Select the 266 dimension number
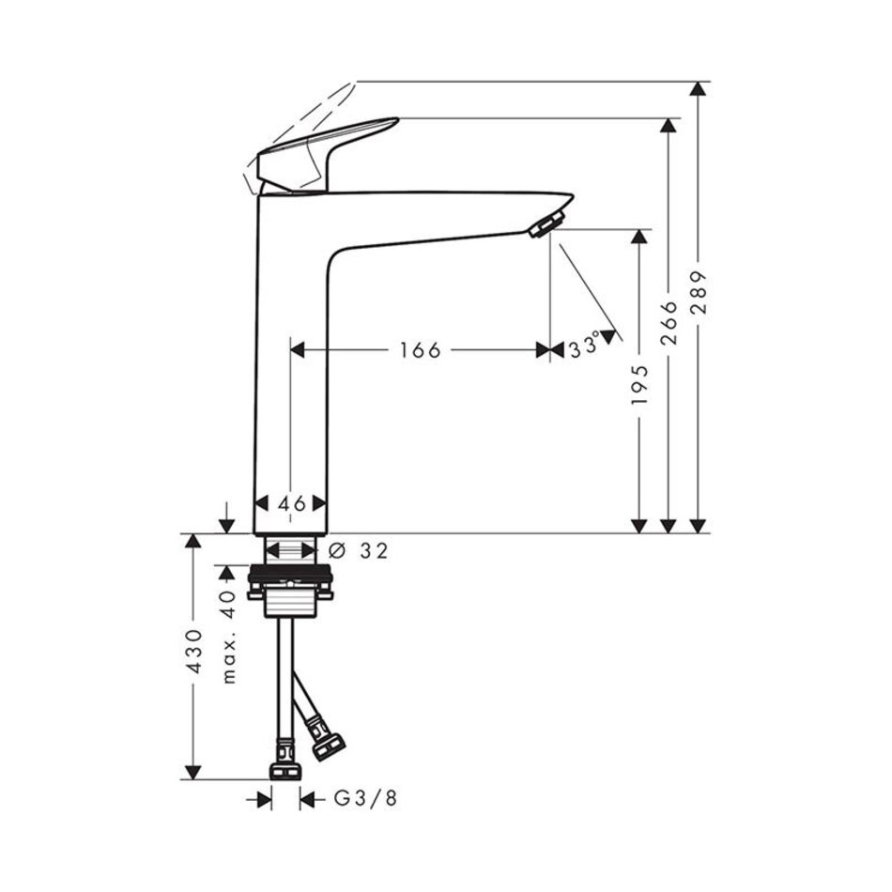669,323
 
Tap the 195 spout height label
639,385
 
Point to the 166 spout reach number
420,350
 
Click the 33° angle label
584,346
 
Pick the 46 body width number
292,503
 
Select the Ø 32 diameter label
359,550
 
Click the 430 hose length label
194,652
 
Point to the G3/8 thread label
364,799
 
